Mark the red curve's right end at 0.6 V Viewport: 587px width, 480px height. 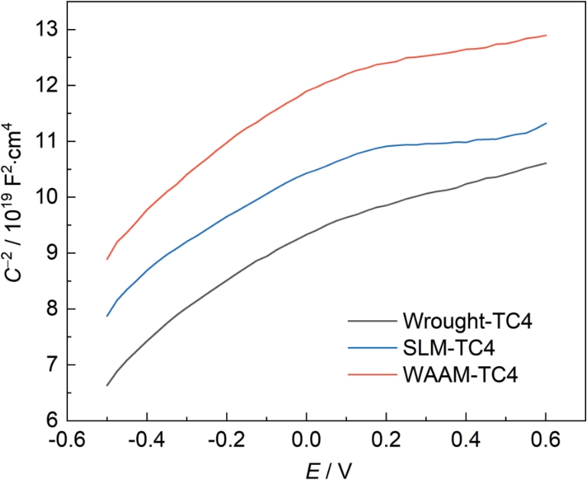click(546, 35)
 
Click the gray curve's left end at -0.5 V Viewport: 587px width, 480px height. click(107, 385)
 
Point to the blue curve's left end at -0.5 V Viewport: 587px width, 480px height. click(107, 316)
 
